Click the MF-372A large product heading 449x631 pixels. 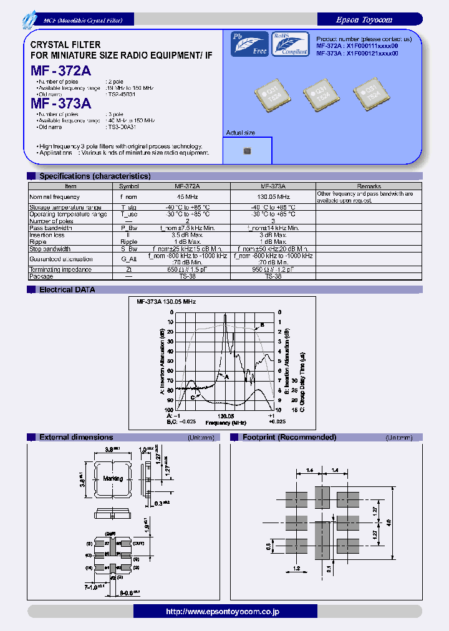61,71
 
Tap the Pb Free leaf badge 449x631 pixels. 249,44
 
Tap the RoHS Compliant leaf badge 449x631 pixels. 291,44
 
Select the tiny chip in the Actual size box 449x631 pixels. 247,151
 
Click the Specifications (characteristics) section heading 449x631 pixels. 94,176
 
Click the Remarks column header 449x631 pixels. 369,186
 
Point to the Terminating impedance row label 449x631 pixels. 60,269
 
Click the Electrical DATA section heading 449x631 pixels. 67,289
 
